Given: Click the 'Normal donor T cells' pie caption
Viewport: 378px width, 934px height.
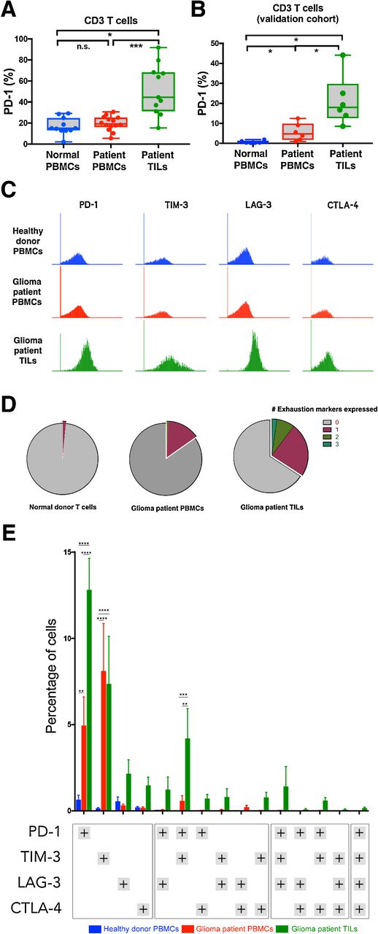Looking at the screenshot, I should pos(63,506).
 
